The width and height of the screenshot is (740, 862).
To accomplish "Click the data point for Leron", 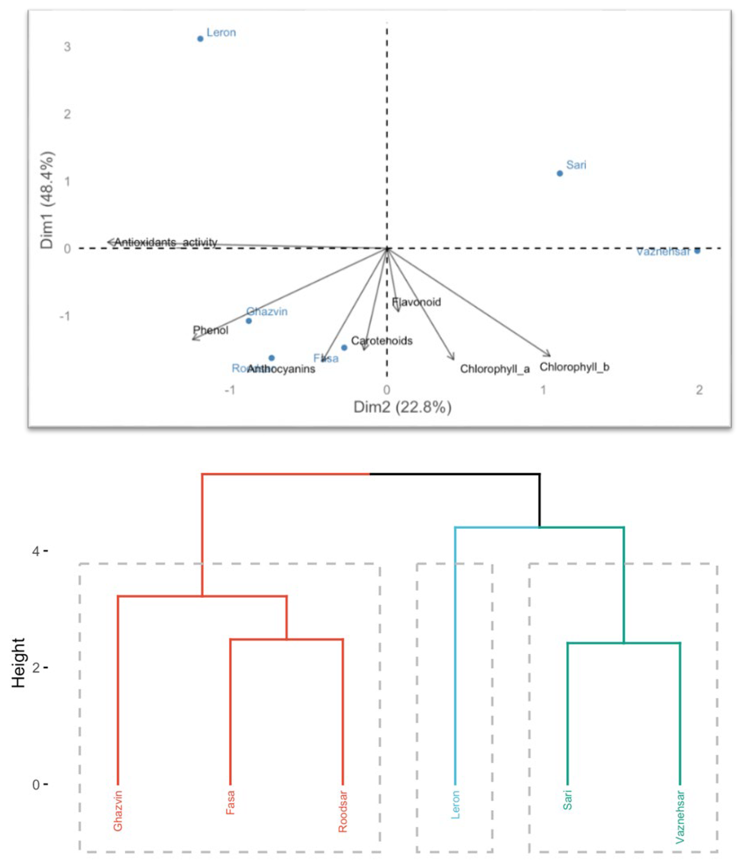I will click(200, 39).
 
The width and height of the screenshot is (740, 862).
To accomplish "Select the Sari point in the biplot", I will click(560, 173).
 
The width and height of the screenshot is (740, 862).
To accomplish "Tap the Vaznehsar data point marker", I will click(697, 251).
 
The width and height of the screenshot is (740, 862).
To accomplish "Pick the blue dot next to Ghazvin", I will click(249, 321).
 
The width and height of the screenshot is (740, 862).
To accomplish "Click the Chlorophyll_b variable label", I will click(574, 367).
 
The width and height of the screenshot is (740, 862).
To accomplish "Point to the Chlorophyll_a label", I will click(495, 368).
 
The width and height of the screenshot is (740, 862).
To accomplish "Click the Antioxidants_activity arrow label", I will click(166, 242).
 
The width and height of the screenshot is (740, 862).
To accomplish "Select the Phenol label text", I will click(210, 330).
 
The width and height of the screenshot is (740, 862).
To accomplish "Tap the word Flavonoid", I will click(416, 302).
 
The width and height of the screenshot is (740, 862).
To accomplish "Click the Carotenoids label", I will click(382, 341).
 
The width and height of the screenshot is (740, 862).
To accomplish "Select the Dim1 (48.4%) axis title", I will click(47, 200).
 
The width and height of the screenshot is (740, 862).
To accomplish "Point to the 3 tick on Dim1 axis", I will click(67, 47).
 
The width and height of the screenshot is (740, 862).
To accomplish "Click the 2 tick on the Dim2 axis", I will click(699, 390).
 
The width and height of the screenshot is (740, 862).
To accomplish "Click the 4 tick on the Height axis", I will click(36, 552).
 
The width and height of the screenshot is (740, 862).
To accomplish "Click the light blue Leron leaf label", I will click(455, 805).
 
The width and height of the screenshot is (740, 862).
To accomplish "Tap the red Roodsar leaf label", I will click(343, 811).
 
